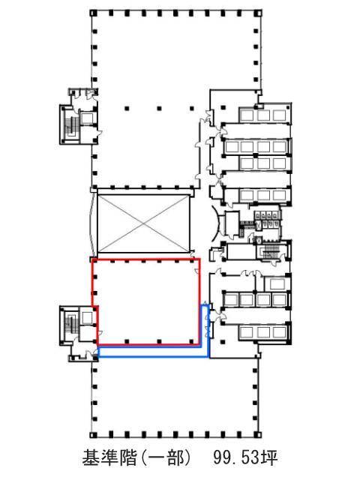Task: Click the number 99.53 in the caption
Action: tap(237, 458)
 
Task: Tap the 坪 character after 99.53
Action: tap(270, 458)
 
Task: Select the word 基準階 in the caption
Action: tap(109, 458)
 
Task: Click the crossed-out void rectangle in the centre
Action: tap(143, 224)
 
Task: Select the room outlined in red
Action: tap(146, 302)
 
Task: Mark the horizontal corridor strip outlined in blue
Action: tap(153, 352)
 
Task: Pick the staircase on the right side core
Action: tap(271, 251)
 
